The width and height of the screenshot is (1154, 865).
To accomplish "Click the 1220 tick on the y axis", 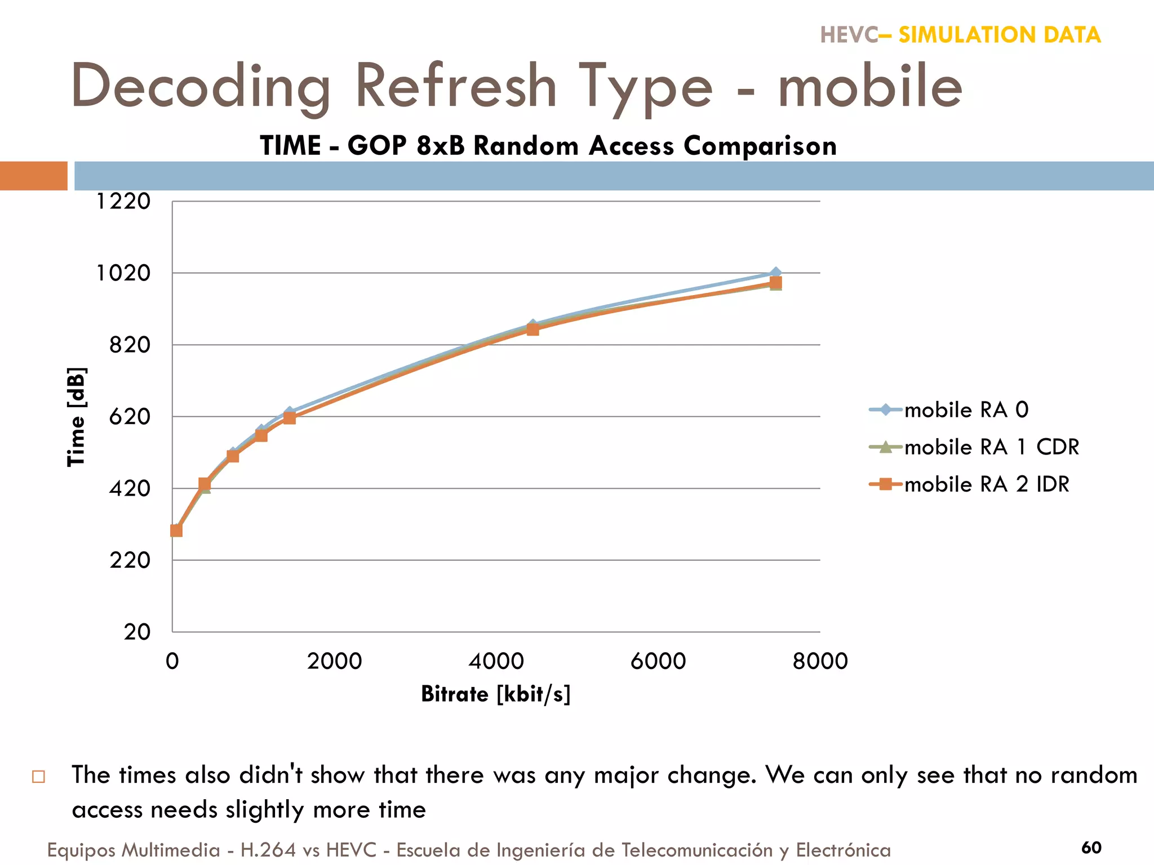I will tap(123, 201).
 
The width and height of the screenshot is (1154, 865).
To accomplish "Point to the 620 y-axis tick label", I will tap(130, 417).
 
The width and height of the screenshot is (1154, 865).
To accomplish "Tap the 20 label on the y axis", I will tap(137, 632).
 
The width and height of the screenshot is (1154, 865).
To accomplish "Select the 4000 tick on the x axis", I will tap(496, 661).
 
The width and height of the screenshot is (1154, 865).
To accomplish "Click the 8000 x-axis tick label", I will tap(820, 661).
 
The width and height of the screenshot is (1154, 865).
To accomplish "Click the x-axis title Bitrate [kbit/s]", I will tap(496, 694).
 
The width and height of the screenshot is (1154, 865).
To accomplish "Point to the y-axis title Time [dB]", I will tap(76, 417).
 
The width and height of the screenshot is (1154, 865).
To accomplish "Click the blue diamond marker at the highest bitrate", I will tap(776, 273).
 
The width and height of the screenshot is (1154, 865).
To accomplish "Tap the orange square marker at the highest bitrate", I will tap(776, 283).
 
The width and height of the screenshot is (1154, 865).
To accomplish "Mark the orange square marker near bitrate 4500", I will tap(533, 329).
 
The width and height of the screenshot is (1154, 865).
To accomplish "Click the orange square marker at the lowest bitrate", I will tap(176, 530).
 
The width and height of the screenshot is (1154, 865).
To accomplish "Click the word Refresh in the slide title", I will tap(456, 86).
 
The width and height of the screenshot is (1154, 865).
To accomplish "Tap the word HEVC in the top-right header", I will tap(849, 35).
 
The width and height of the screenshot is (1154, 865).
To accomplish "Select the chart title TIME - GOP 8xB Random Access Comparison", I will tap(548, 146).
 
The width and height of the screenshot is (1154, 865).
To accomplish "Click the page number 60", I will tap(1091, 848).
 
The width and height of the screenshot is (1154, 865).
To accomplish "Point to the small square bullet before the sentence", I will tap(38, 777).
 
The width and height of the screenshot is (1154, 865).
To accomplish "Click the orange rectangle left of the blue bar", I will tap(34, 176).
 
